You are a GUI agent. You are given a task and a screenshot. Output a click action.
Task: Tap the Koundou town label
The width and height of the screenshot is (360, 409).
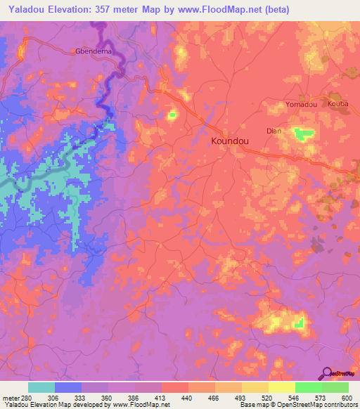231,141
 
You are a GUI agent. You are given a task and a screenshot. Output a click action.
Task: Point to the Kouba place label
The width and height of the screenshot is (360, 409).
337,103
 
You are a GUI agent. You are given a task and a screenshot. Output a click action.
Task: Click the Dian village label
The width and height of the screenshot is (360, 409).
274,131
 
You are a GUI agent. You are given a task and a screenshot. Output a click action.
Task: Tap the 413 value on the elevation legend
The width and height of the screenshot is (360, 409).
161,397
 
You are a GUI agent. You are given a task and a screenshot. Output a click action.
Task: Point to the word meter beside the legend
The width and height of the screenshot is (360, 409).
11,397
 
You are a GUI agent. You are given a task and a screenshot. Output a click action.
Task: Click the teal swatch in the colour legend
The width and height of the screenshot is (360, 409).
41,387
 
